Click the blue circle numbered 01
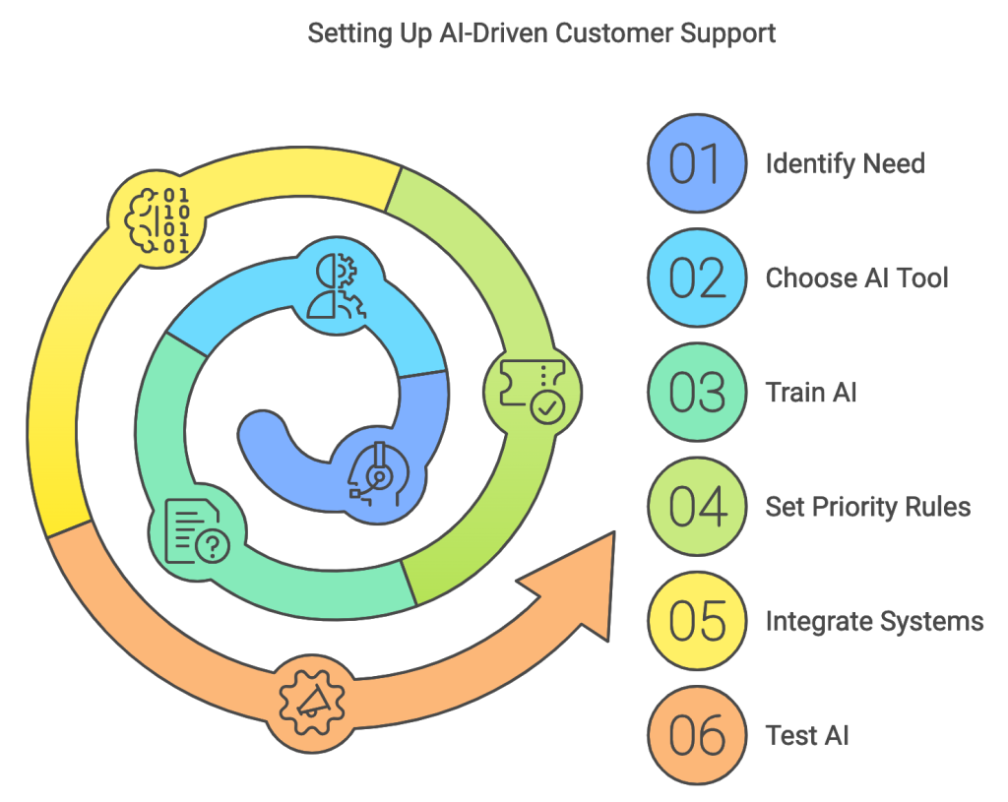pyautogui.click(x=697, y=163)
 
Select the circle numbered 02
pyautogui.click(x=697, y=278)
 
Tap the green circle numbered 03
pyautogui.click(x=697, y=393)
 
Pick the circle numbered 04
pyautogui.click(x=697, y=507)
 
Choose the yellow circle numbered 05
pyautogui.click(x=697, y=621)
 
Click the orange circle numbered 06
pyautogui.click(x=697, y=735)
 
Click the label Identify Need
pyautogui.click(x=845, y=163)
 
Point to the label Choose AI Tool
pyautogui.click(x=856, y=278)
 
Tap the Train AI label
pyautogui.click(x=811, y=393)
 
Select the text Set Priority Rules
pyautogui.click(x=867, y=507)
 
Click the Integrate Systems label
pyautogui.click(x=874, y=621)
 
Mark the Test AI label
pyautogui.click(x=807, y=735)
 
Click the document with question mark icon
pyautogui.click(x=195, y=529)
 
